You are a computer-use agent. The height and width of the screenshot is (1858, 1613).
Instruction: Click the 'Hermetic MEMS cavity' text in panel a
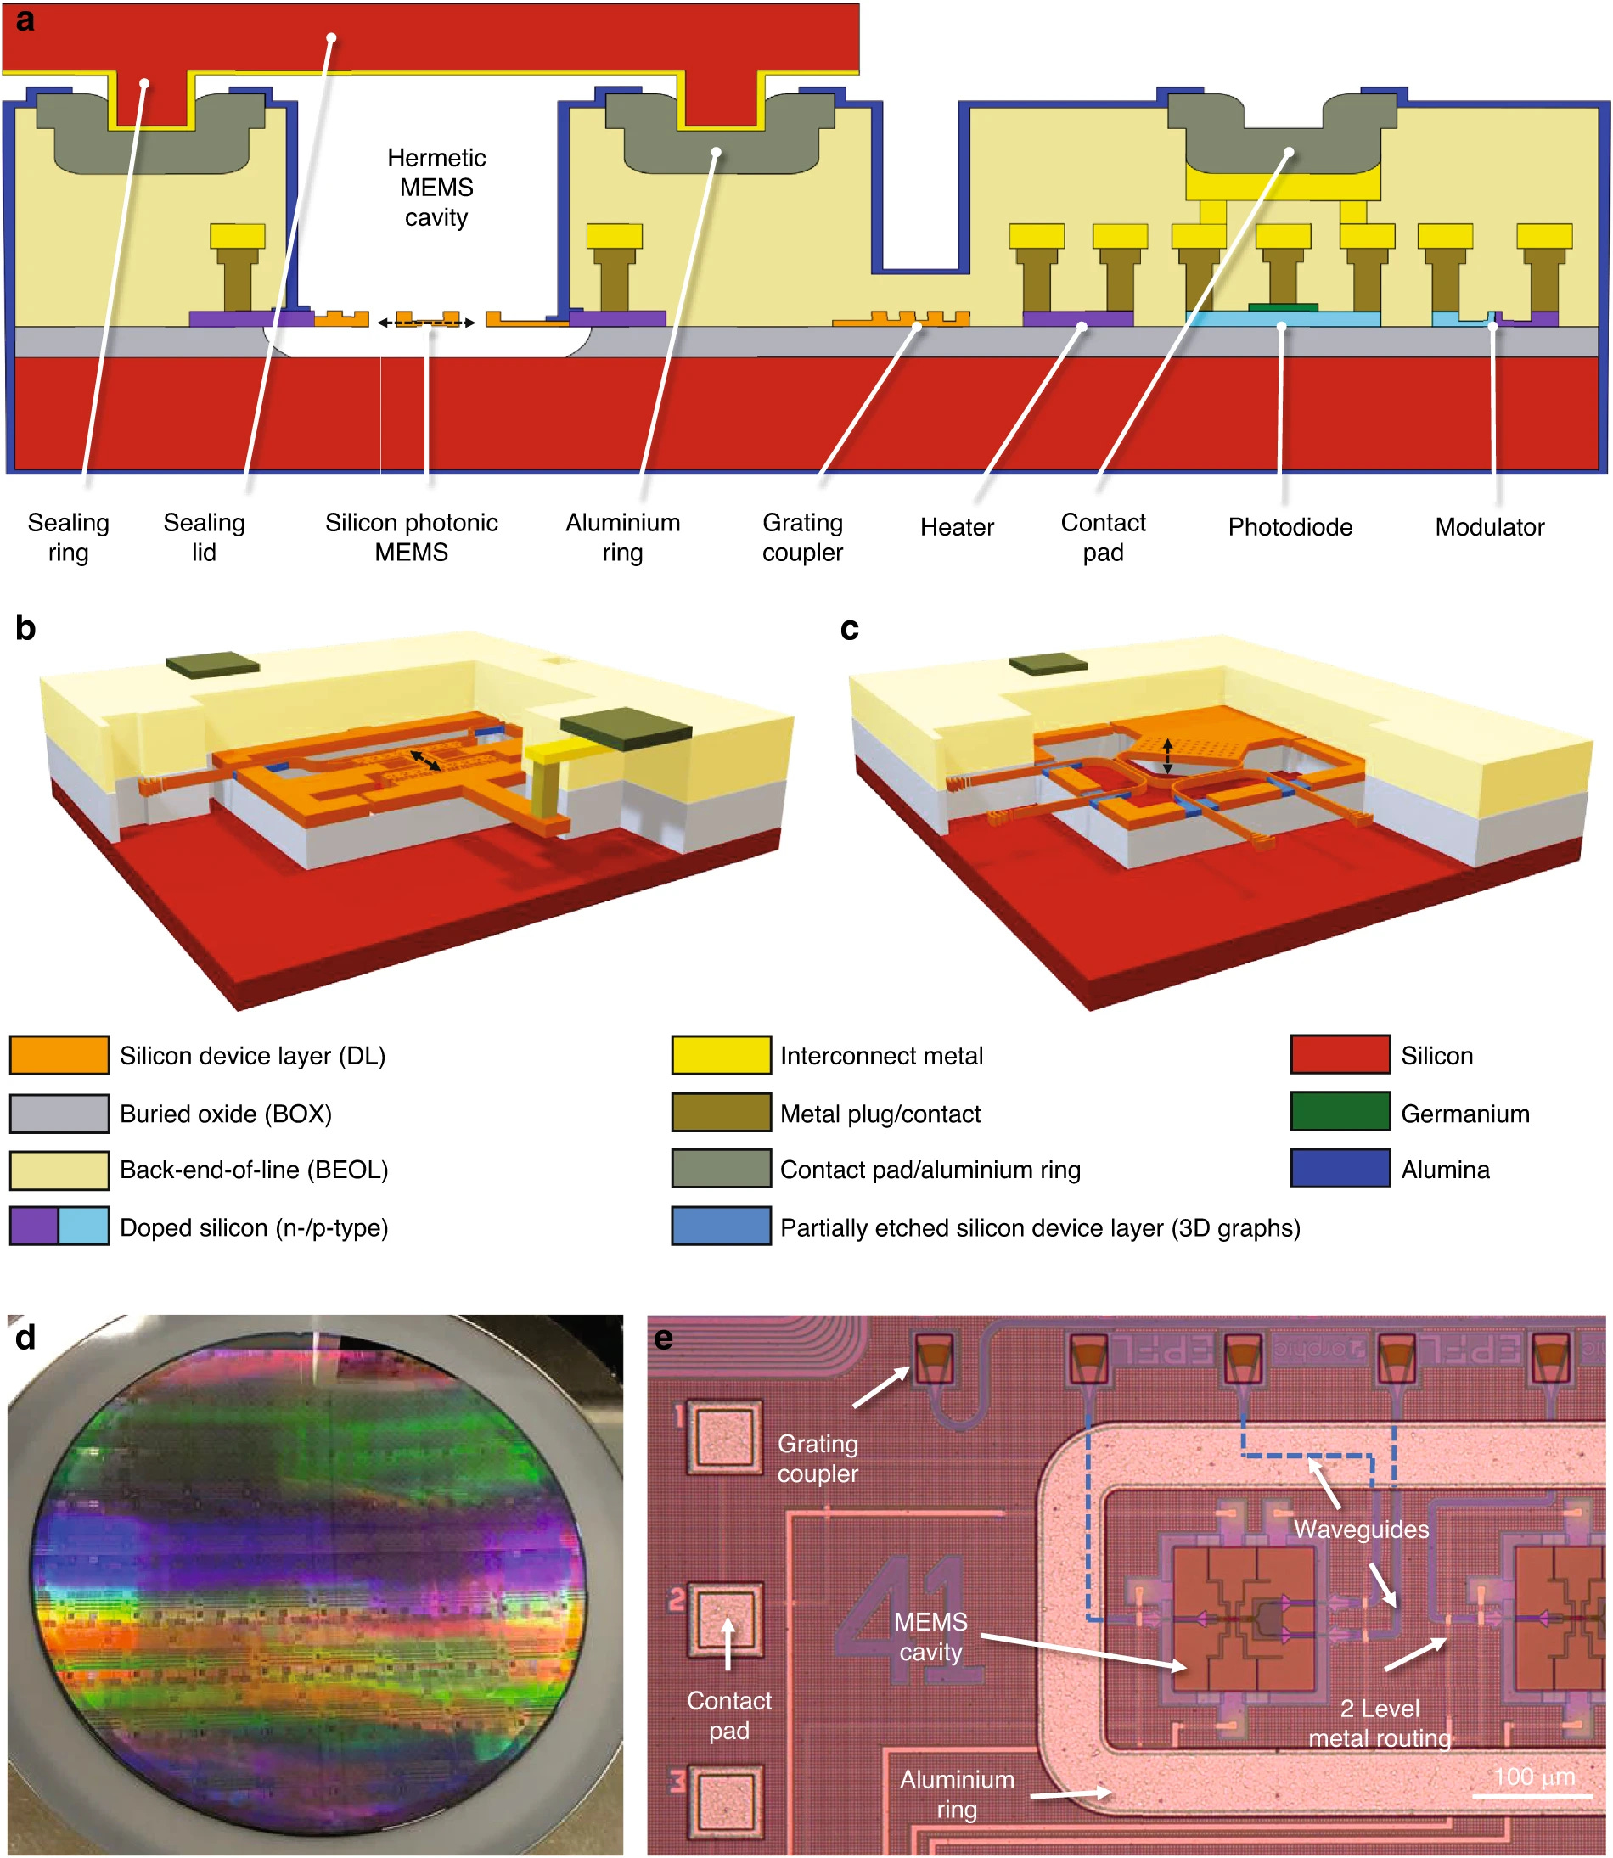click(436, 187)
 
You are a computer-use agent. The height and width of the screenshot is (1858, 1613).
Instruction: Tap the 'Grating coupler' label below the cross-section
click(802, 537)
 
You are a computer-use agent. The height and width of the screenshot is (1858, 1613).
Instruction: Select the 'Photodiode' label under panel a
click(1289, 527)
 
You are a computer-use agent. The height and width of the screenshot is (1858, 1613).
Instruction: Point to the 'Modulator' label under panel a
click(1489, 527)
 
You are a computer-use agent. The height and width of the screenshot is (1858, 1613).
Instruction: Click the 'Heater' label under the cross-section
click(956, 527)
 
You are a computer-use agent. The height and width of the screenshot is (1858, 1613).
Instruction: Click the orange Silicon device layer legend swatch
click(59, 1055)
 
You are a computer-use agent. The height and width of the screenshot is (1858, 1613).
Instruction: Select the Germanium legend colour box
click(1340, 1112)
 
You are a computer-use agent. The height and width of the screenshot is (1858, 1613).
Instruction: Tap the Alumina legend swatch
click(1340, 1169)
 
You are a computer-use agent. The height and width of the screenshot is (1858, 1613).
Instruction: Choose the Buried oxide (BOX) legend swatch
click(59, 1113)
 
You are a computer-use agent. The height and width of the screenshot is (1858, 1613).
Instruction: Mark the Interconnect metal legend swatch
click(721, 1055)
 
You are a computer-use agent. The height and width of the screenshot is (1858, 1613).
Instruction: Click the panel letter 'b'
click(25, 628)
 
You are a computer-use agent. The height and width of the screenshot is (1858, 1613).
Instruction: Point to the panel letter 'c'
click(849, 628)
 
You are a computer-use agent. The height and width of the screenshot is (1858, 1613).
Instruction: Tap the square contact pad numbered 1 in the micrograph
click(726, 1437)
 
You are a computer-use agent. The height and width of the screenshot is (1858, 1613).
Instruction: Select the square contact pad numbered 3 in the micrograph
click(726, 1801)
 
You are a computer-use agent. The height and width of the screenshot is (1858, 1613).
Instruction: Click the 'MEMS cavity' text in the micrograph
click(930, 1636)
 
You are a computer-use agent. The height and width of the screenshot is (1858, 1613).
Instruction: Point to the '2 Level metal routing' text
click(1379, 1723)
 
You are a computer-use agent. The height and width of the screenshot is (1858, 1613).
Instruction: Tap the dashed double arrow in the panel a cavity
click(426, 322)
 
